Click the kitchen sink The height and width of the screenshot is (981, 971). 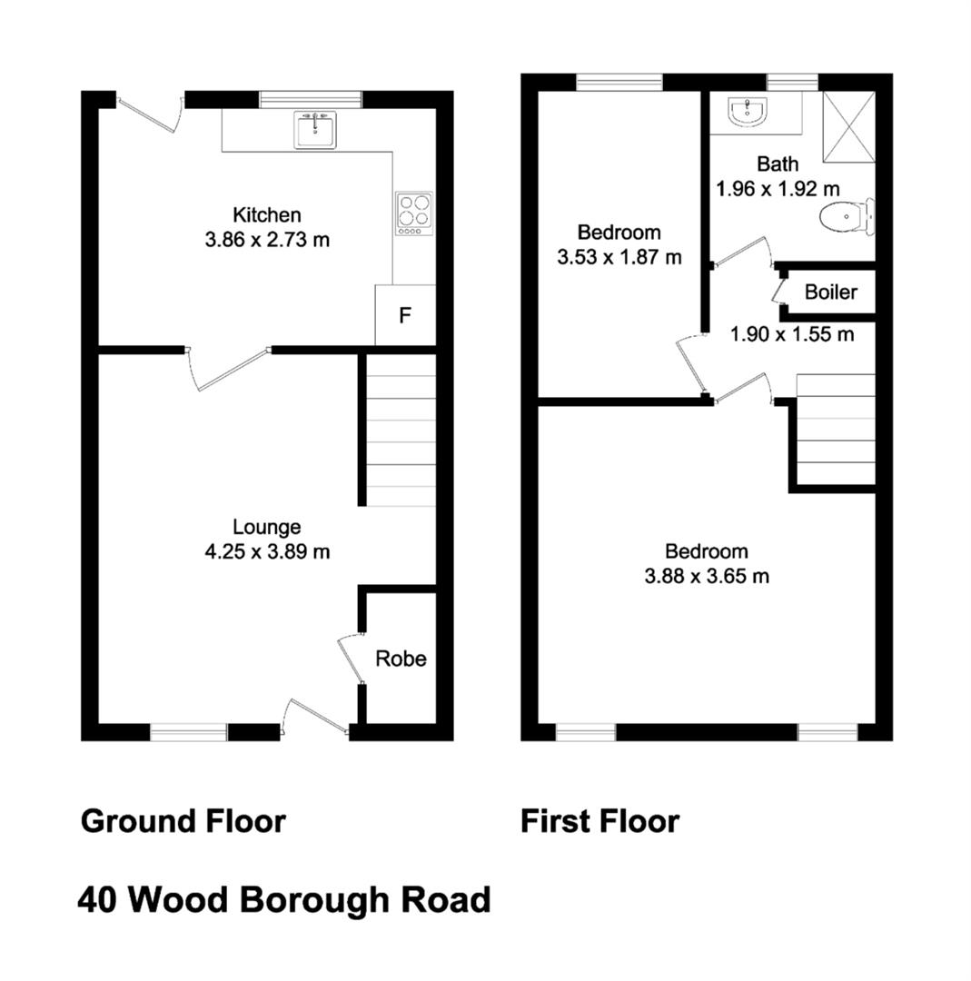point(314,130)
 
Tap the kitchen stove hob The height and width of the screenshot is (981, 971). point(414,214)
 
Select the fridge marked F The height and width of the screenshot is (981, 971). point(405,314)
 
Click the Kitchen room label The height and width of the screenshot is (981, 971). point(267,214)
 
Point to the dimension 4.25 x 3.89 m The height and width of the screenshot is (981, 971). point(267,552)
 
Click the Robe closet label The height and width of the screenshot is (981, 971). point(401,659)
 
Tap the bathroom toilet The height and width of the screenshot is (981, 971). point(847,216)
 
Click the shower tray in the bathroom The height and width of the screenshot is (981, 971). point(848,127)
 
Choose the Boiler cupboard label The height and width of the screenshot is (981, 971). point(831,292)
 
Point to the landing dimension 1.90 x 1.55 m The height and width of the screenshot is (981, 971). point(792,334)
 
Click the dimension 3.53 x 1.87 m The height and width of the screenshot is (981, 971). point(619,257)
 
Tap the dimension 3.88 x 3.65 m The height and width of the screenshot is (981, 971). point(707,576)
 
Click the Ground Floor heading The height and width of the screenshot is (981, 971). point(183,821)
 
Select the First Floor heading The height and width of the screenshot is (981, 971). point(600,821)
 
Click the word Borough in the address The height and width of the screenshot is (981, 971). point(314,901)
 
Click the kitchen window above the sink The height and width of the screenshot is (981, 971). point(311,100)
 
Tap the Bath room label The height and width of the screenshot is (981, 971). point(778,163)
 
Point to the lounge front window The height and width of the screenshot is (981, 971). point(189,732)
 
